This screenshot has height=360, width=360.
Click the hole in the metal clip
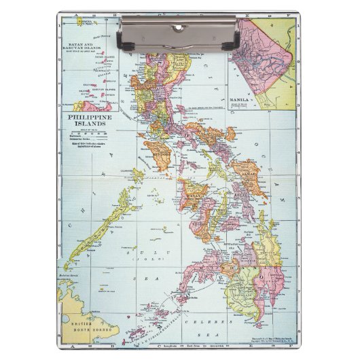tap(180, 27)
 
